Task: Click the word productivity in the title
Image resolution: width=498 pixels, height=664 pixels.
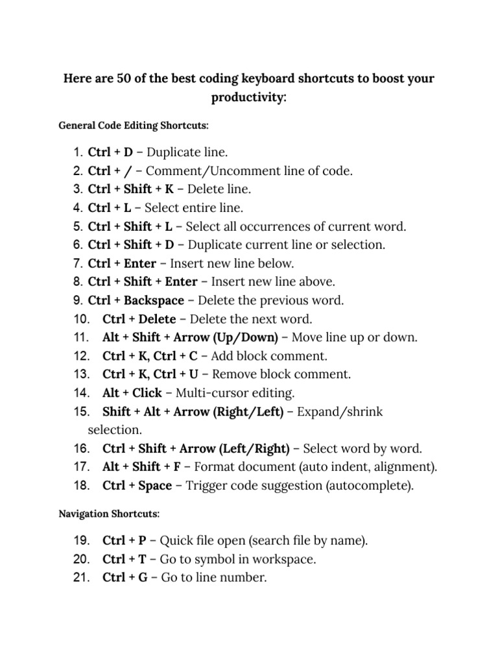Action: click(247, 98)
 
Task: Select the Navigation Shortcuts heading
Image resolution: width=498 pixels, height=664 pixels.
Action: click(108, 514)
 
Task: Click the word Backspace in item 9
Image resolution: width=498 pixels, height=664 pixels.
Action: click(154, 301)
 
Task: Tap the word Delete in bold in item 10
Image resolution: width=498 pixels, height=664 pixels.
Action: click(157, 319)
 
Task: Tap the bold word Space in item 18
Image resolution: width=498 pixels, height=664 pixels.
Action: click(155, 486)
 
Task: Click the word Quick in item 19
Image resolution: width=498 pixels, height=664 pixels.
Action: click(175, 541)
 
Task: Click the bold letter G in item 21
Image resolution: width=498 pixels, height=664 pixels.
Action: click(143, 578)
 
